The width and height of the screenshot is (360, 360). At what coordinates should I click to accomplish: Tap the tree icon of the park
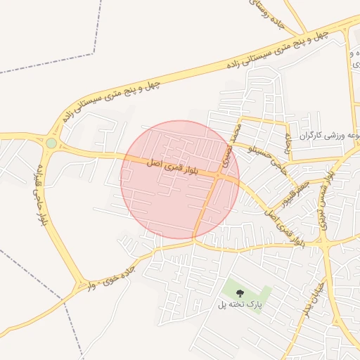[x=240, y=292]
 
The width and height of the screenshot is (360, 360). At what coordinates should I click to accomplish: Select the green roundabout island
[x=51, y=143]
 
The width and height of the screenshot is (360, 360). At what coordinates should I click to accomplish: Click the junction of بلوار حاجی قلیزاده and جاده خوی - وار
[x=77, y=285]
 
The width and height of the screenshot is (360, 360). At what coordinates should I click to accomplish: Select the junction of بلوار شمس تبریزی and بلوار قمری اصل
[x=325, y=243]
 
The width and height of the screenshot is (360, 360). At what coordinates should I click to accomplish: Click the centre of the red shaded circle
[x=180, y=179]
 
